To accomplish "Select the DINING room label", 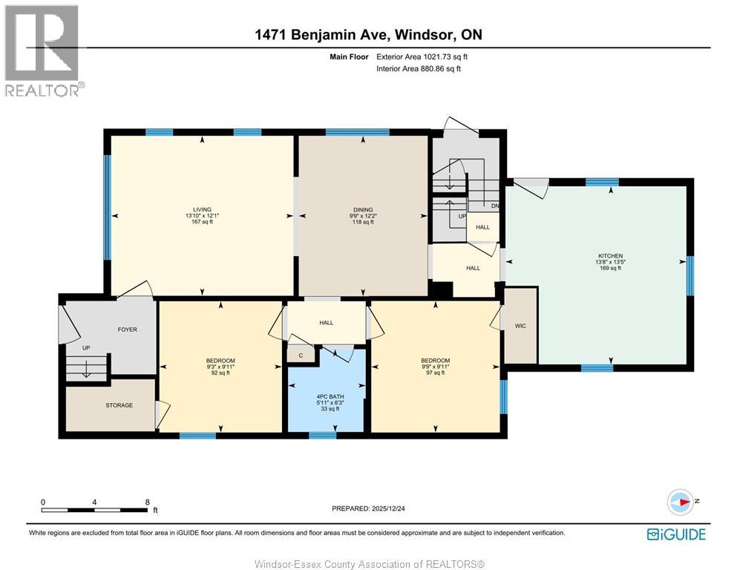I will pyautogui.click(x=362, y=209).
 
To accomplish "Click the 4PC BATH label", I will pyautogui.click(x=327, y=396).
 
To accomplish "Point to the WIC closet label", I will pyautogui.click(x=520, y=327).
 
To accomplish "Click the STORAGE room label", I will pyautogui.click(x=119, y=405).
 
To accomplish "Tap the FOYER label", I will pyautogui.click(x=127, y=330).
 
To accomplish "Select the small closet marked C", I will pyautogui.click(x=301, y=356).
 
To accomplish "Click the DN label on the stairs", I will pyautogui.click(x=494, y=206).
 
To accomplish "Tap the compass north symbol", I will pyautogui.click(x=681, y=502).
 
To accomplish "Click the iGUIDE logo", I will pyautogui.click(x=675, y=534).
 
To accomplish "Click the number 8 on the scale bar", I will pyautogui.click(x=148, y=502).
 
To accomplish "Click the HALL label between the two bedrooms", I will pyautogui.click(x=326, y=323).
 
